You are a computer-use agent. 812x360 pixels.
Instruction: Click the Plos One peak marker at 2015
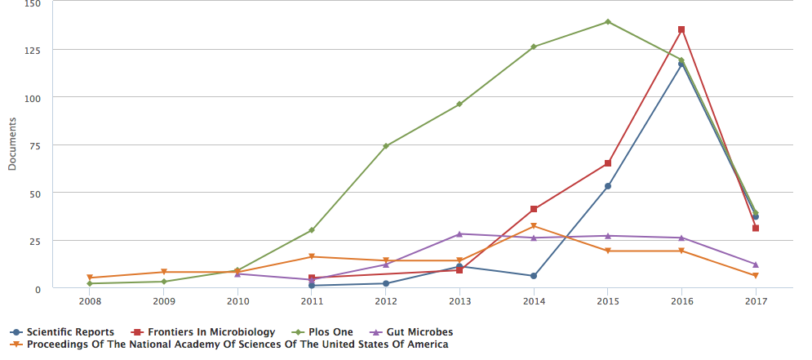tap(607, 22)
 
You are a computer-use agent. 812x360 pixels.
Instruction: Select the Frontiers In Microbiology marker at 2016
tap(681, 29)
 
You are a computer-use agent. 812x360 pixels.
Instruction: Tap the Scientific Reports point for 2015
tap(607, 186)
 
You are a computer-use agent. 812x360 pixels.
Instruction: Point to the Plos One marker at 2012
tap(385, 146)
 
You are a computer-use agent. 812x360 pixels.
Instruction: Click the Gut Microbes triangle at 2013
tap(459, 234)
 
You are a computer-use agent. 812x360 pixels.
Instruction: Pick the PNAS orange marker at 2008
tap(90, 278)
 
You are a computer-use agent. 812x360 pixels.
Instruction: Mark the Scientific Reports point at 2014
tap(534, 276)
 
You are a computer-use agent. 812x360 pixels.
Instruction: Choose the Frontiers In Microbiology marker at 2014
tap(534, 210)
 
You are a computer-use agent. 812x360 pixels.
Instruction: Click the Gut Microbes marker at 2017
tap(756, 264)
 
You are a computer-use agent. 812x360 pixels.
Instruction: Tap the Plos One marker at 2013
tap(459, 104)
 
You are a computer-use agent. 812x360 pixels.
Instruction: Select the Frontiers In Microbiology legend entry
tap(204, 332)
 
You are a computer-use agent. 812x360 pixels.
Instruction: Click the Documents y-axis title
tap(12, 144)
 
